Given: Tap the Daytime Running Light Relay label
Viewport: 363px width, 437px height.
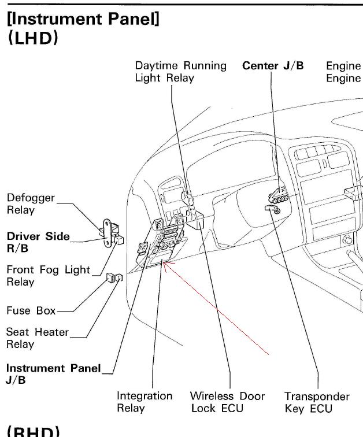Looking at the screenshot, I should tap(180, 72).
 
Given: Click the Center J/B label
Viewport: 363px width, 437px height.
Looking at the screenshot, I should tap(273, 65).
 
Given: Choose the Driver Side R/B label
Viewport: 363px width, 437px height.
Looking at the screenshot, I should tap(38, 242).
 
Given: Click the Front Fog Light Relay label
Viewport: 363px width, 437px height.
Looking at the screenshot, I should tap(49, 276).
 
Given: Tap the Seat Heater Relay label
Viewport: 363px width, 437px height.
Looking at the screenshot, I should tap(37, 338).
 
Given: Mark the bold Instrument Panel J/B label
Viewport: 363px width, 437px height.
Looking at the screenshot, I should tap(53, 373).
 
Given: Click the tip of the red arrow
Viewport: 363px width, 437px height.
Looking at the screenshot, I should tap(164, 264).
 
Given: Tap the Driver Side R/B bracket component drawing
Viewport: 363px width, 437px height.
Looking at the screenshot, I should tap(111, 234).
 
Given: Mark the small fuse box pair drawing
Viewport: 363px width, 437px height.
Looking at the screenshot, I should tap(114, 279).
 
